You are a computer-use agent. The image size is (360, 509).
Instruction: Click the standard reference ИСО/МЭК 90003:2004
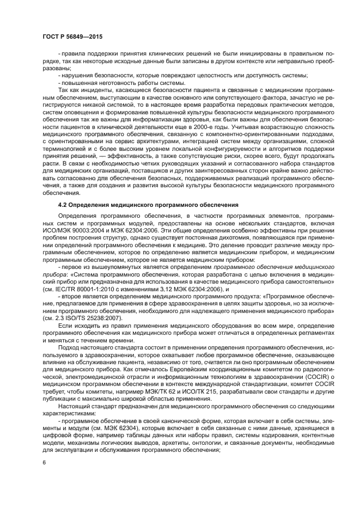pyautogui.click(x=67, y=231)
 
